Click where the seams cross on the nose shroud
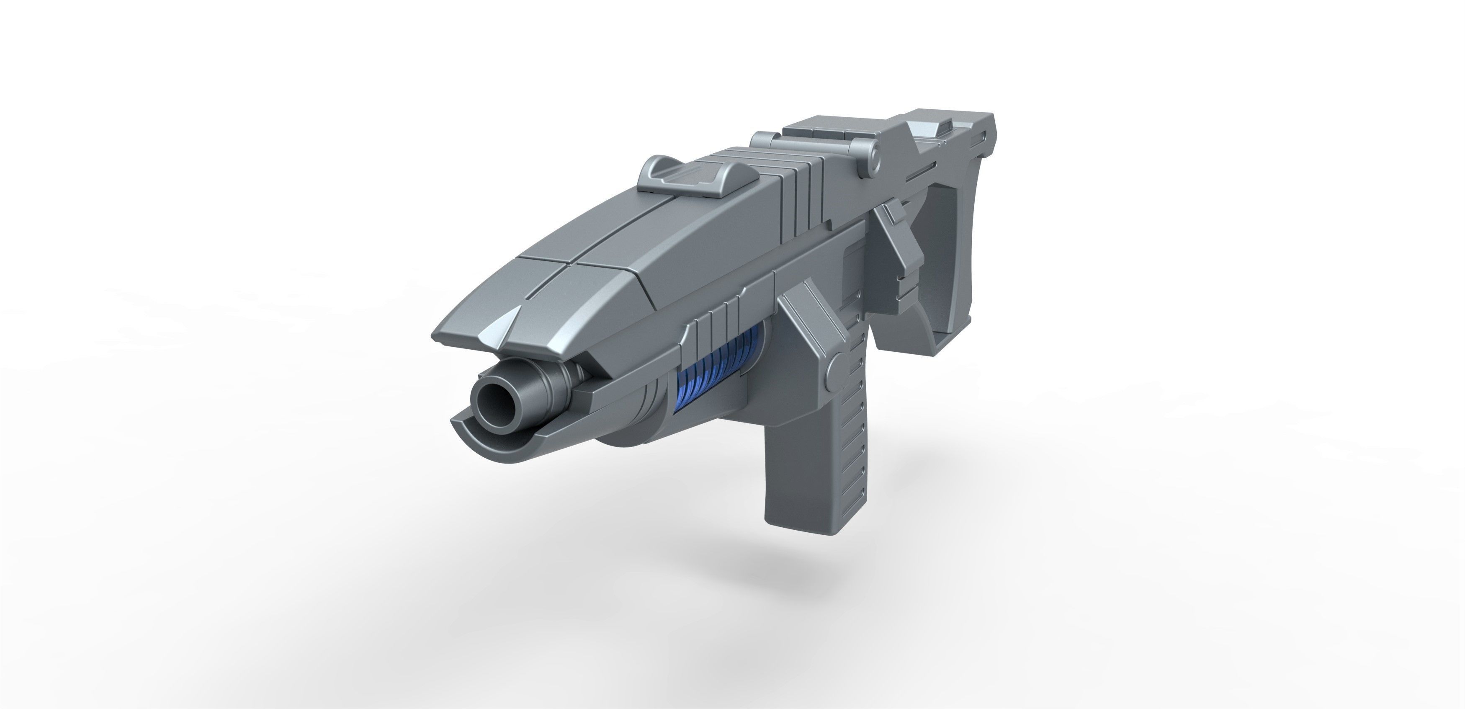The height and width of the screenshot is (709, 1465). (x=570, y=263)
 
